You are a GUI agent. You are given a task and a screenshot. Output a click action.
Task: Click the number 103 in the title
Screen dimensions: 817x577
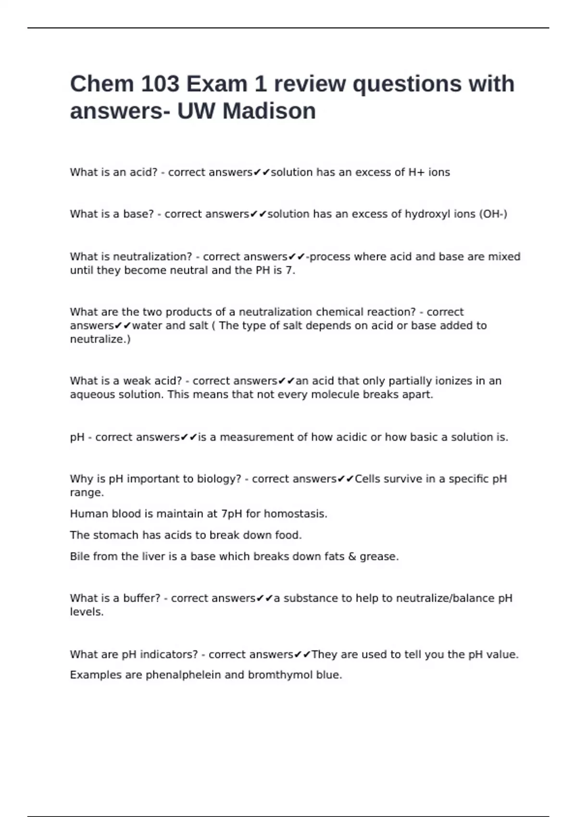point(160,84)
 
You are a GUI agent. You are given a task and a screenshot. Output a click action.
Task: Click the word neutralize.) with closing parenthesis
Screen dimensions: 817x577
point(100,339)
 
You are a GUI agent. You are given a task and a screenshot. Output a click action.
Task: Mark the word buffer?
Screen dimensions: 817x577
point(142,598)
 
